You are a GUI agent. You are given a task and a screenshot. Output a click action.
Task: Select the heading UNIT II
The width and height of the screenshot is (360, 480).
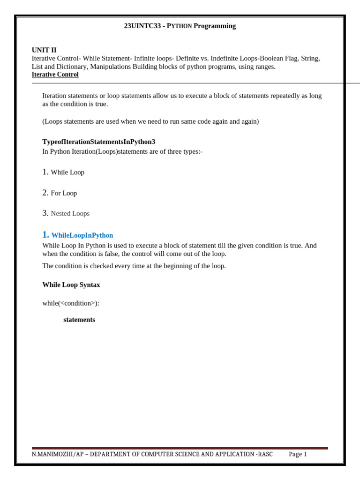click(x=44, y=50)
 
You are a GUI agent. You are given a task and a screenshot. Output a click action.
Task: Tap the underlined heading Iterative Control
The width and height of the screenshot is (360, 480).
click(x=55, y=75)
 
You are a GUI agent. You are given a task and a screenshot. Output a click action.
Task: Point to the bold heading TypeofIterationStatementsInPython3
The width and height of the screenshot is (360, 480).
click(x=98, y=142)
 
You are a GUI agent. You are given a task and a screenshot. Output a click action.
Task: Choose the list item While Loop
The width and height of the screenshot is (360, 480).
click(x=67, y=172)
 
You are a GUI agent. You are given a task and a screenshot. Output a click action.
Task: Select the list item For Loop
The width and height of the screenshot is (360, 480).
click(x=64, y=193)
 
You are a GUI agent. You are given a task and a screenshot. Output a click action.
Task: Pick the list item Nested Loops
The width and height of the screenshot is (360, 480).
click(x=70, y=214)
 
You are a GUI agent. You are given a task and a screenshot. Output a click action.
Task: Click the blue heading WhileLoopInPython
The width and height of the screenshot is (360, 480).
click(x=82, y=235)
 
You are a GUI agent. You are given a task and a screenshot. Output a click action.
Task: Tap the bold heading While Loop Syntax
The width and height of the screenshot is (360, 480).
click(x=71, y=285)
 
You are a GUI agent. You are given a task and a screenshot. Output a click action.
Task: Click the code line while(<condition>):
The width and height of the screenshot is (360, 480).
click(x=71, y=303)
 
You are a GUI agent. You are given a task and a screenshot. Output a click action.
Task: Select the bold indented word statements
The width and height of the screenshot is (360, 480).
click(x=79, y=320)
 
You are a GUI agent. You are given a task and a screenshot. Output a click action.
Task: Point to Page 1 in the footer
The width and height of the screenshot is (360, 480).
click(x=298, y=454)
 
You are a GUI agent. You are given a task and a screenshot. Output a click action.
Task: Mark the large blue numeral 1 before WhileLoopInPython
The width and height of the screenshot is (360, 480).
click(x=45, y=235)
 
